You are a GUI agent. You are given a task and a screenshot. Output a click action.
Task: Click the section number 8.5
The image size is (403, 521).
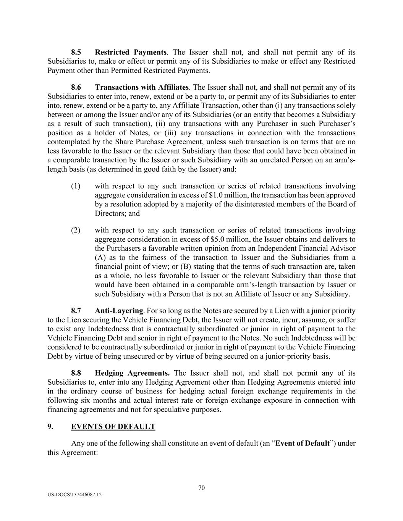click(x=76, y=52)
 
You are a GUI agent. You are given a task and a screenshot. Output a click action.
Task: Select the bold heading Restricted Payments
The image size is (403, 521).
click(x=131, y=52)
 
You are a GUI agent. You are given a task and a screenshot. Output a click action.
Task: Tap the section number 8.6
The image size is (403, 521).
click(x=76, y=87)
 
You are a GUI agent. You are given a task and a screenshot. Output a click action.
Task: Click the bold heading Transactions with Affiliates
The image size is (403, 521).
click(x=142, y=87)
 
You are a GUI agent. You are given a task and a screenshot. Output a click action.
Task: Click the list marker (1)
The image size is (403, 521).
click(x=76, y=186)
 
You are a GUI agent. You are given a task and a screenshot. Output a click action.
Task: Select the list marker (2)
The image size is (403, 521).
click(x=76, y=230)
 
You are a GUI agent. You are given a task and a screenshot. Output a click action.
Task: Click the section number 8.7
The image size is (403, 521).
click(x=76, y=311)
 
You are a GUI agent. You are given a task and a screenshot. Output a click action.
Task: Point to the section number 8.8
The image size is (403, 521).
click(x=76, y=373)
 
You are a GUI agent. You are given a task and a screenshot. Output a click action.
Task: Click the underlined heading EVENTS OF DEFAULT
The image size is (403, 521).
click(x=113, y=426)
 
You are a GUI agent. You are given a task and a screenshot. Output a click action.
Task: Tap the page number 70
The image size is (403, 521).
click(x=202, y=487)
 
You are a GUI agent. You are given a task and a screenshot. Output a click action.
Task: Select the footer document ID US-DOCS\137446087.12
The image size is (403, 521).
click(x=75, y=495)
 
